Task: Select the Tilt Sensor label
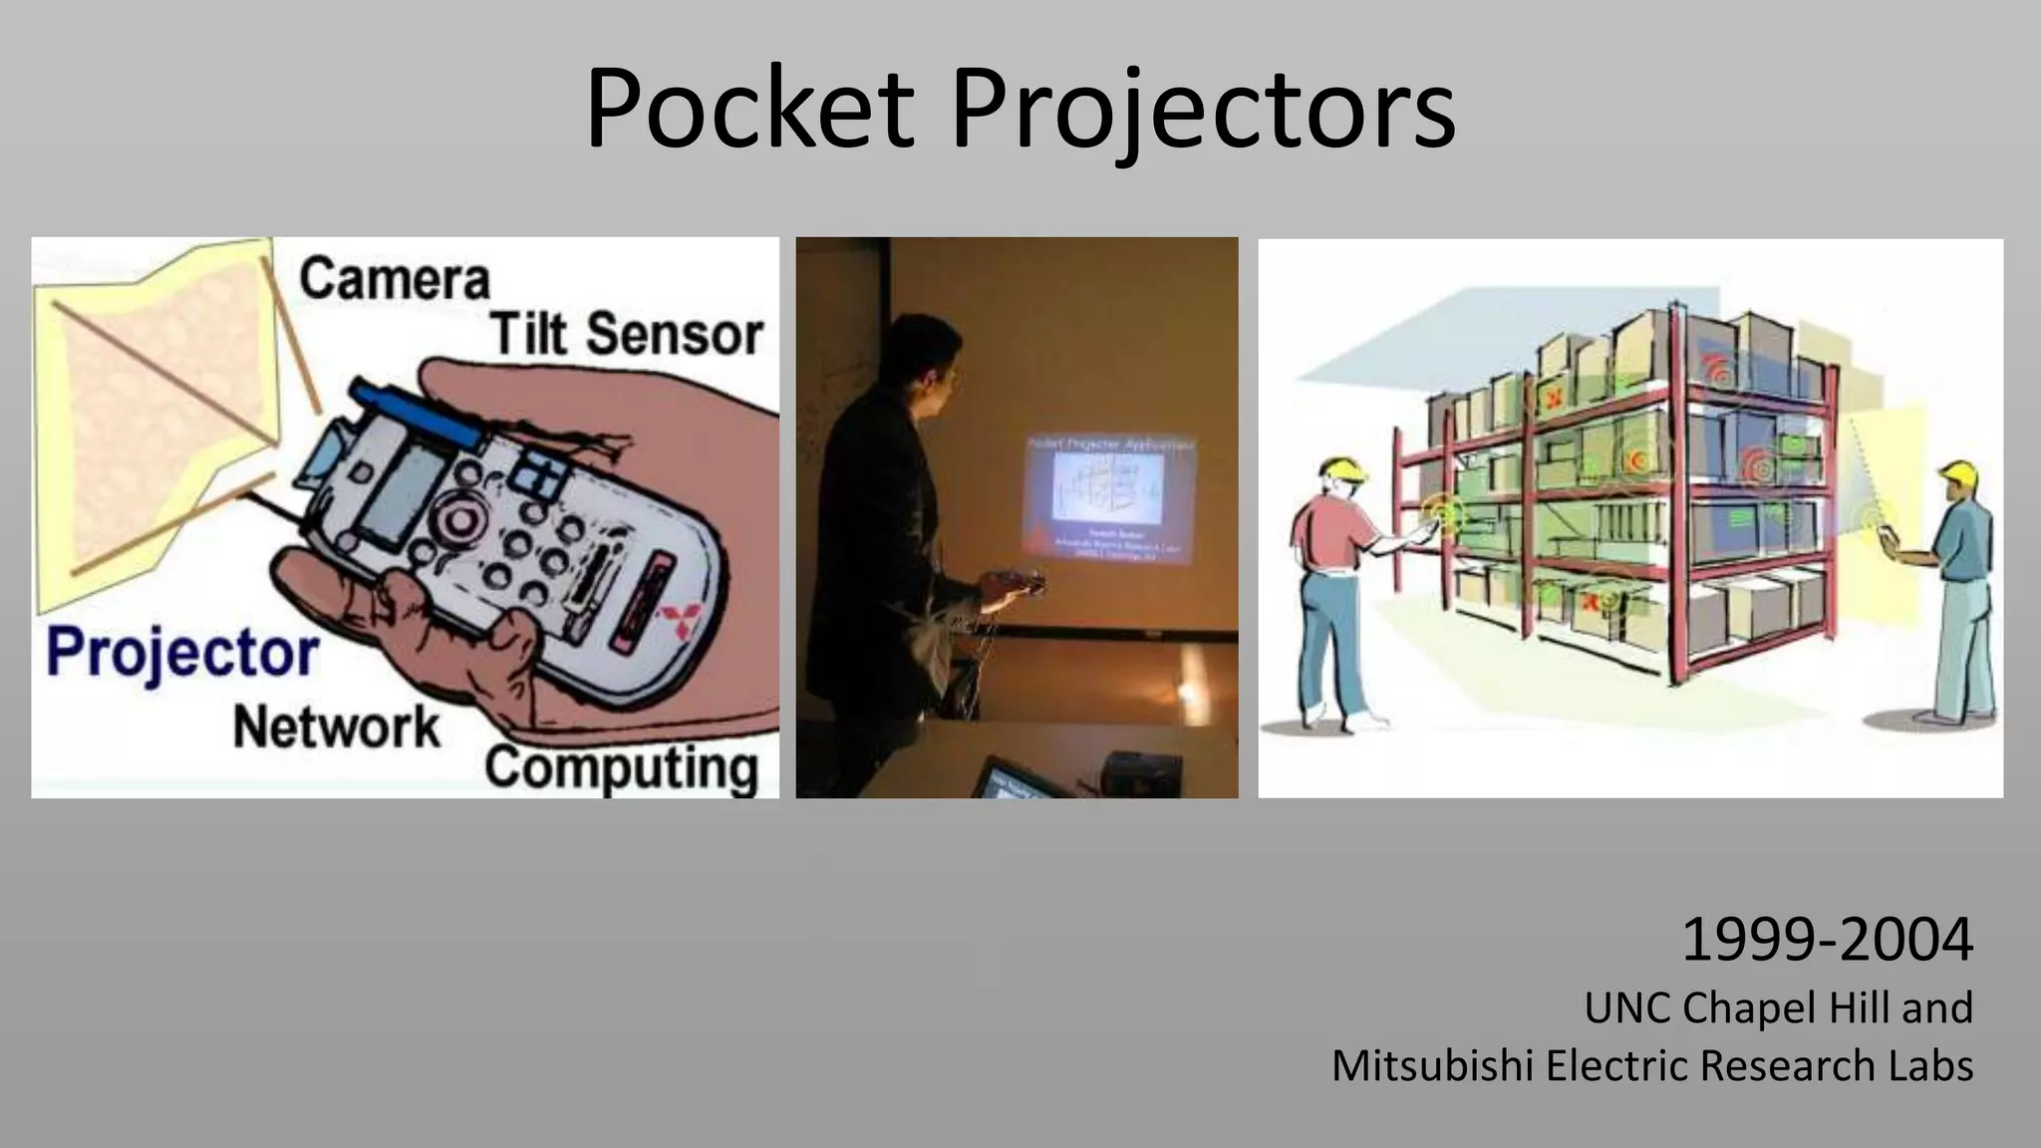(626, 333)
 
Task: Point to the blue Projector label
(182, 654)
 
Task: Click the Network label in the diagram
(336, 727)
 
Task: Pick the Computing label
(622, 768)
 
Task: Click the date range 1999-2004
(1826, 940)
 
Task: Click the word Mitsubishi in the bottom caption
(1431, 1065)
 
